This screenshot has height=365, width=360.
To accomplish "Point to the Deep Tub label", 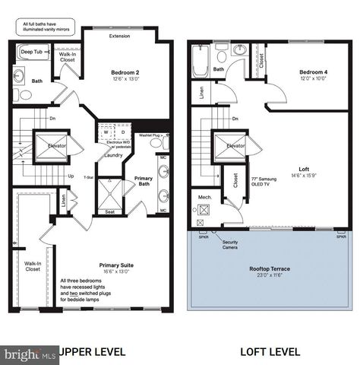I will [32, 51].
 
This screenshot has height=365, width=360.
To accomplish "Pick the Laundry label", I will [113, 155].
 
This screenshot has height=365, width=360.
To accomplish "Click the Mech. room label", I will [205, 196].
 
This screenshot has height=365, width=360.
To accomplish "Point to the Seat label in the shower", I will [110, 212].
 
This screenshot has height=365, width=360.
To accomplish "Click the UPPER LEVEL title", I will [90, 352].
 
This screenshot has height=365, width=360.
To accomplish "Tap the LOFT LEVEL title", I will [270, 352].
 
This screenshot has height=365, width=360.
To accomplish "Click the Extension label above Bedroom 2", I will [119, 36].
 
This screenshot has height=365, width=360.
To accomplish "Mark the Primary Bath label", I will [143, 181].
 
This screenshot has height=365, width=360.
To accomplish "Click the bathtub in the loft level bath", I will [201, 62].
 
